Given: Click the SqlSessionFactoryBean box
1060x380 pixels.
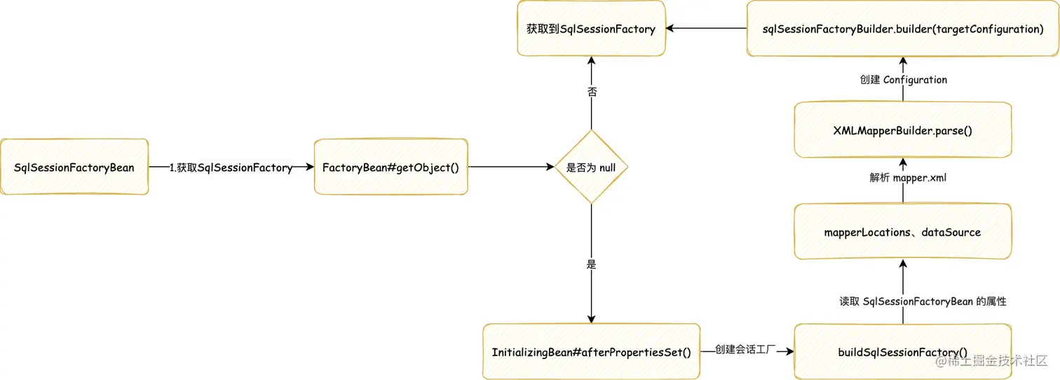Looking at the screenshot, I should pos(74,167).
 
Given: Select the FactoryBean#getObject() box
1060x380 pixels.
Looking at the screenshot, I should pos(390,167).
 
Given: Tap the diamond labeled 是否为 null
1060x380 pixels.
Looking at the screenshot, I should pos(591,168).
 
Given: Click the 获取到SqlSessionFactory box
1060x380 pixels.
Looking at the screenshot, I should pos(591,29).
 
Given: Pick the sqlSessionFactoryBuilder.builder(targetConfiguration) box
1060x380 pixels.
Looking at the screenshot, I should pos(903,29).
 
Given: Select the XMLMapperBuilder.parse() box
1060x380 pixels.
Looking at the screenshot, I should pos(903,130).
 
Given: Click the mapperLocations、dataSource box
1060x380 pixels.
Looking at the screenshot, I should pos(903,232).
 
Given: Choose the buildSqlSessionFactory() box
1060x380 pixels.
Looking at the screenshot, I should pos(903,352).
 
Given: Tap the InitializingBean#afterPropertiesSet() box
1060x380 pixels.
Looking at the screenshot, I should pos(591,352).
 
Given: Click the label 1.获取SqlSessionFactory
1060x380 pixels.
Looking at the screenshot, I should pos(231,168).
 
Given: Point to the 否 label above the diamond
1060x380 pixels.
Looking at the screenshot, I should pos(591,92).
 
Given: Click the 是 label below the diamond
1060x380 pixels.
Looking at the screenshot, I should pos(591,264).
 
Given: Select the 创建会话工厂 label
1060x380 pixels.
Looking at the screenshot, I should pos(746,349).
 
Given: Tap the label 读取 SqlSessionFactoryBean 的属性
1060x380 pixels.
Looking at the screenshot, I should pos(923,301).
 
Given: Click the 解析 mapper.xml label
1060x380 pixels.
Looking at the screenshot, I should pos(908,177).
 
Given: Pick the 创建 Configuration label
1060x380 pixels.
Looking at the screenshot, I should pos(903,79).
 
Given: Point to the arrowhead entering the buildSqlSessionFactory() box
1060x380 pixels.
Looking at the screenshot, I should pos(789,352).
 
